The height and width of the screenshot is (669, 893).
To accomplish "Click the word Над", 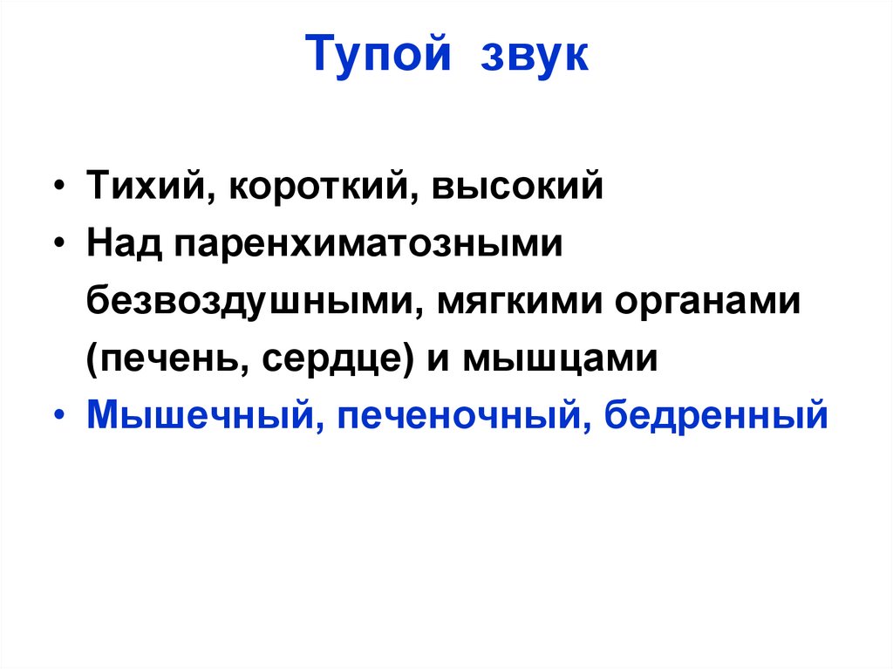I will pyautogui.click(x=123, y=245).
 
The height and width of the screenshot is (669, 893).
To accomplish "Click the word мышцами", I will pyautogui.click(x=559, y=358).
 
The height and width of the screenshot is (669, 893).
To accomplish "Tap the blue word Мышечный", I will pyautogui.click(x=194, y=415).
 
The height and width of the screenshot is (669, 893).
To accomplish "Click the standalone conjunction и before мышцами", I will pyautogui.click(x=437, y=358).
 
